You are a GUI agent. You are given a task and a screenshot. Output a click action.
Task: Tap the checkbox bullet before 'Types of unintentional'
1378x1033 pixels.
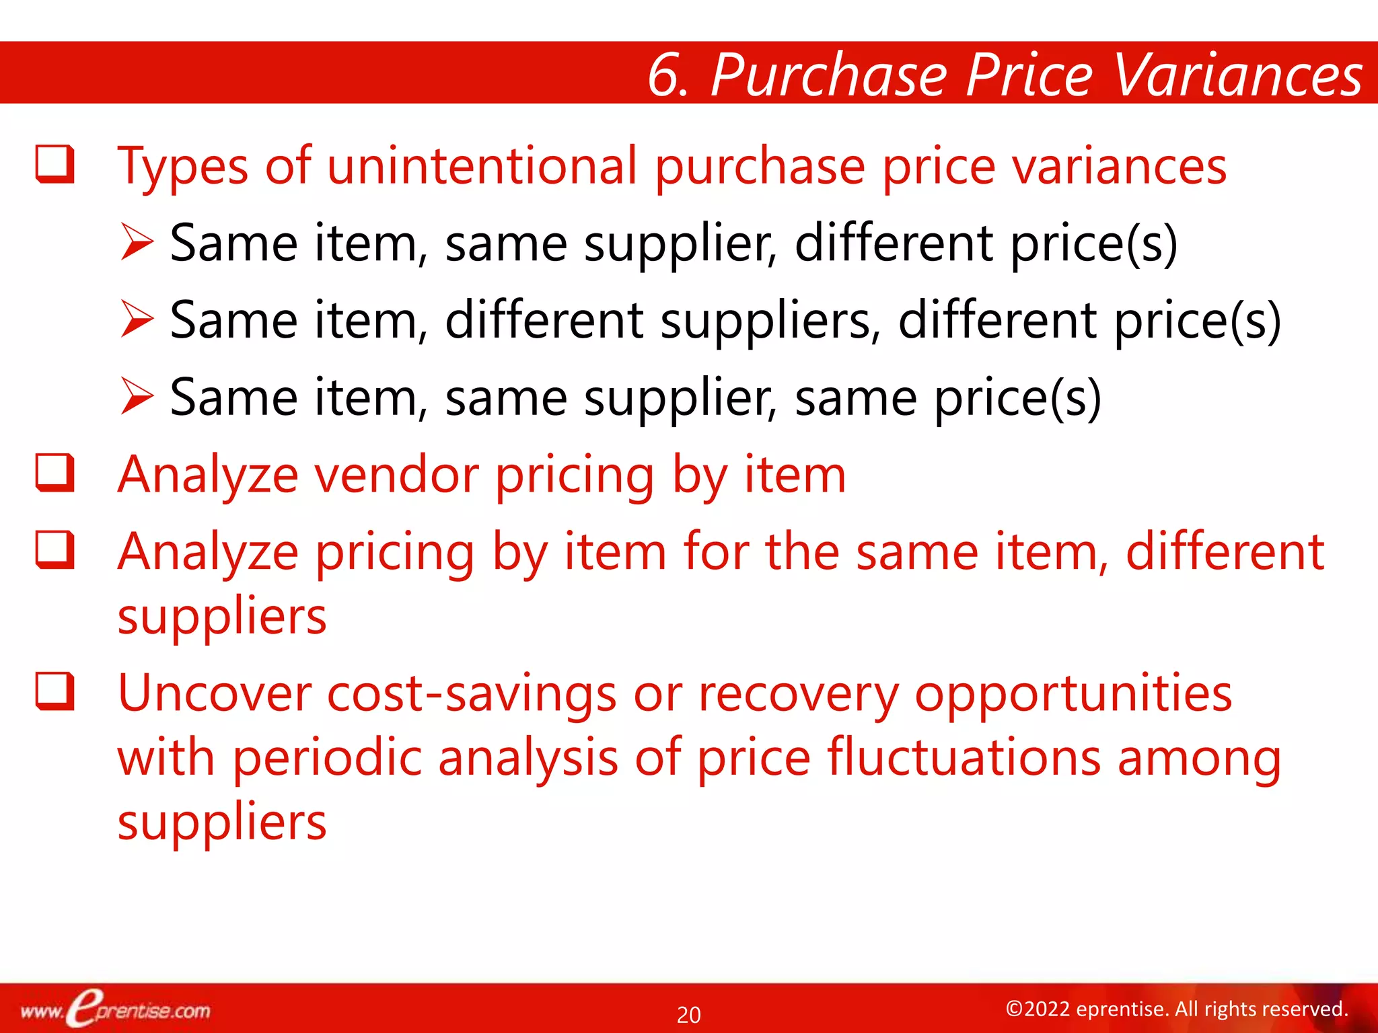tap(55, 164)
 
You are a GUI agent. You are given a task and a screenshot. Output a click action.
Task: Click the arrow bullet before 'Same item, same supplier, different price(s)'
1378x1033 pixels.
tap(137, 243)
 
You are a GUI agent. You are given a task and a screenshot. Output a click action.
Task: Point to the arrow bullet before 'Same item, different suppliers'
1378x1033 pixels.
tap(137, 319)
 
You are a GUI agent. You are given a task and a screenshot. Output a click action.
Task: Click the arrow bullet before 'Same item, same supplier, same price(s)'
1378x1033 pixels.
tap(137, 397)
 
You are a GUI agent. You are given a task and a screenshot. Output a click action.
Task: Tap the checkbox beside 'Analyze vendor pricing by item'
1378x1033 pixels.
tap(55, 473)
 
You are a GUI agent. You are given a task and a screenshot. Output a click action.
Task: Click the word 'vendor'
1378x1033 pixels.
tap(397, 475)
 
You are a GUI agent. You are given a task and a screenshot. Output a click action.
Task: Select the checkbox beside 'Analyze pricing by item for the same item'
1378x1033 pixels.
tap(55, 549)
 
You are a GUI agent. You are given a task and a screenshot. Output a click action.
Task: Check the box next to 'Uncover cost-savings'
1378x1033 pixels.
tap(55, 691)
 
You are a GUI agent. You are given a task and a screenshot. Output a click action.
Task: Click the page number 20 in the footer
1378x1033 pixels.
tap(688, 1014)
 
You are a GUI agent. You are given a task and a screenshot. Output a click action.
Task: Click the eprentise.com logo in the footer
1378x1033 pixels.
tap(115, 1010)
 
